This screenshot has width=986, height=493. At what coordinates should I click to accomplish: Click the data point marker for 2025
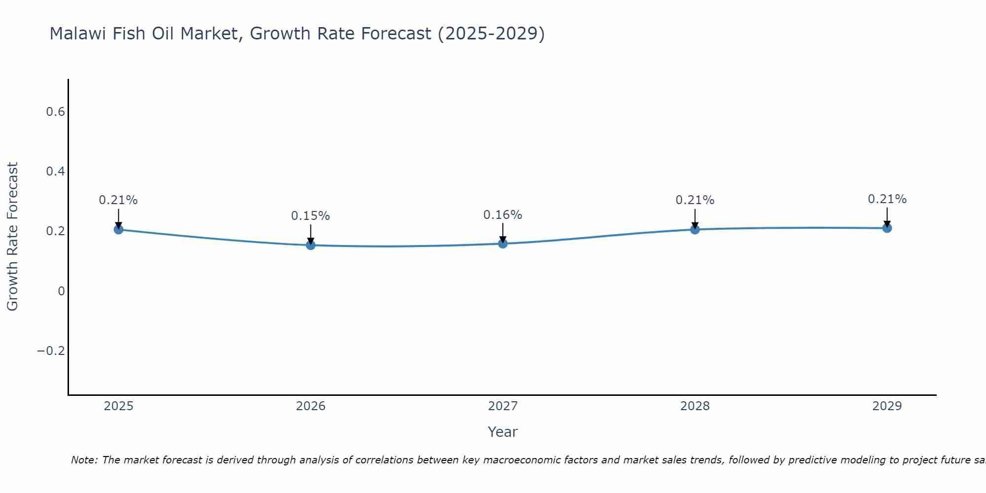118,229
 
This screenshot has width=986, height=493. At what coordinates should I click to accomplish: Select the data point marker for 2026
311,245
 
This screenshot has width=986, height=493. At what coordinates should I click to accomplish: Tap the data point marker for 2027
503,244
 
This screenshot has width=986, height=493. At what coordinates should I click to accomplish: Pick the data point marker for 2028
695,229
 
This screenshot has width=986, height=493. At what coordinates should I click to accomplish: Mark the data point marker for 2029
887,228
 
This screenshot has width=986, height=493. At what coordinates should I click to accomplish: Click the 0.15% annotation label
310,216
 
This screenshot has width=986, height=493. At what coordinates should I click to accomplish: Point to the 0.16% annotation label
502,215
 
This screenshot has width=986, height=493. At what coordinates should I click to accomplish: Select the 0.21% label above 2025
118,200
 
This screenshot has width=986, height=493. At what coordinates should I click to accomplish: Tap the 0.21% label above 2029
887,199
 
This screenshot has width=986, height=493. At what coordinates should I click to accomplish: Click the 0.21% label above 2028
695,200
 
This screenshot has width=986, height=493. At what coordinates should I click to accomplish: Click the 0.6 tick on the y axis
55,112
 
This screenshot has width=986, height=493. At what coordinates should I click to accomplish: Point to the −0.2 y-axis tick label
51,351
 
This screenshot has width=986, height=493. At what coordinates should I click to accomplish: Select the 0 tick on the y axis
61,291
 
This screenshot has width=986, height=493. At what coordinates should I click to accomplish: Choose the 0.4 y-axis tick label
55,172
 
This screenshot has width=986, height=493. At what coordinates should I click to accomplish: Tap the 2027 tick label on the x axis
503,406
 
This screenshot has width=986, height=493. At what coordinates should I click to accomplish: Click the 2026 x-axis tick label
311,406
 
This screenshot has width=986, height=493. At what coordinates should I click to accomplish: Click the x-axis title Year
502,432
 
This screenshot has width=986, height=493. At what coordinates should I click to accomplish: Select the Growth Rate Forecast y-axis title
12,237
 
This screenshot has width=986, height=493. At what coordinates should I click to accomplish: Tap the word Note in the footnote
84,460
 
